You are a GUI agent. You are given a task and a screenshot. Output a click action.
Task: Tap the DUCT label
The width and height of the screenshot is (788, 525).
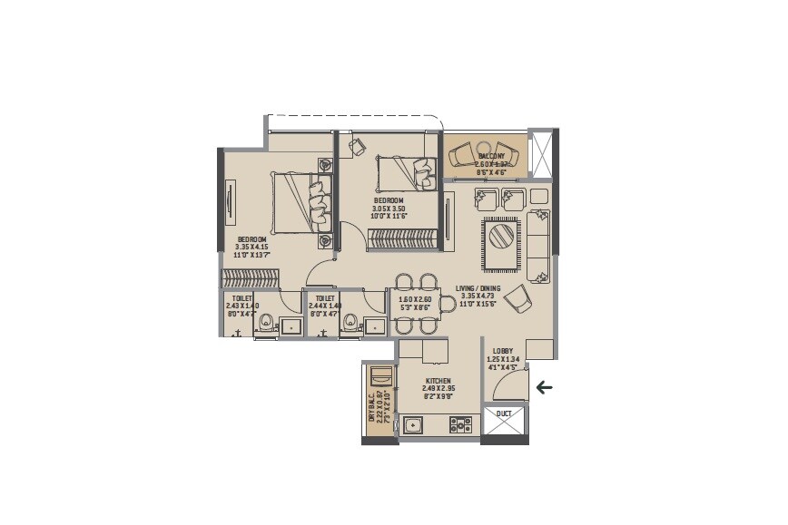click(503, 413)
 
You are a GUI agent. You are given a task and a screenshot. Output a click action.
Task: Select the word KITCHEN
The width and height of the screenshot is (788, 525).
click(438, 382)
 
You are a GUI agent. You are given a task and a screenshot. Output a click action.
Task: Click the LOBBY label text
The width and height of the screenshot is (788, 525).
click(502, 351)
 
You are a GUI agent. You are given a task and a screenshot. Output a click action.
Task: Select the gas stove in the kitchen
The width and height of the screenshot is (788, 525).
click(459, 423)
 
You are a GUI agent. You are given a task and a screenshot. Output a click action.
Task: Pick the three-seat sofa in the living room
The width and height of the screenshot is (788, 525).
click(539, 246)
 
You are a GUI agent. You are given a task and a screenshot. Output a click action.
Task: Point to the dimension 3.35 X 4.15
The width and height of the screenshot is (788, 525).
click(251, 247)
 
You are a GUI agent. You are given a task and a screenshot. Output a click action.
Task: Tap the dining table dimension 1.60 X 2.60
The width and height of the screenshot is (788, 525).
click(414, 298)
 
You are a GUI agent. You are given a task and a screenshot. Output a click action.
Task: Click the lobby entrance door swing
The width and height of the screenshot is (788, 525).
click(508, 384)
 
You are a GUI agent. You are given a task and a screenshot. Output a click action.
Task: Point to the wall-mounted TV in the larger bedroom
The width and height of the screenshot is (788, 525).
click(231, 201)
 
